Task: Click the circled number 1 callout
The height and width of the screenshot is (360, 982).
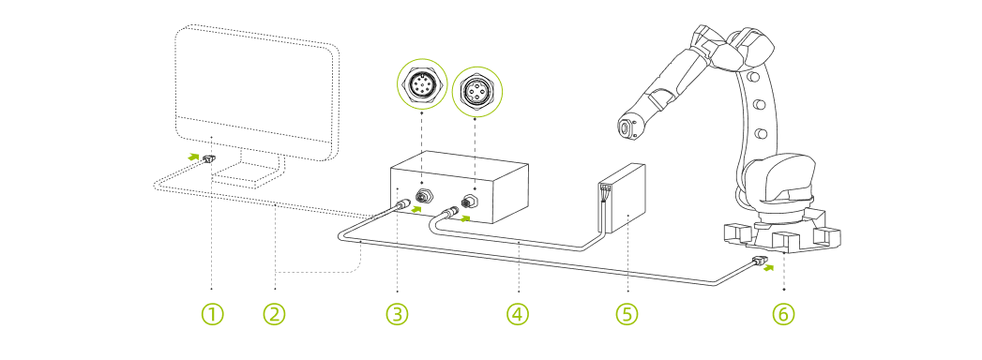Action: tap(213, 313)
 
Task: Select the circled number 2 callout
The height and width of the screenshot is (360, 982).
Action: tap(273, 313)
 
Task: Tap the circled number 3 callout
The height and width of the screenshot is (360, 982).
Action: tap(397, 313)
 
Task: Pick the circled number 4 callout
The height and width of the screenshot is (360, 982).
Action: tap(518, 313)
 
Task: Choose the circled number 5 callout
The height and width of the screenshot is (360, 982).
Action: tap(626, 313)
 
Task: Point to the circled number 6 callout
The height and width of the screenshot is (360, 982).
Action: tap(783, 313)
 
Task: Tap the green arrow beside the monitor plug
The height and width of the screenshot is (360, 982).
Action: tap(190, 155)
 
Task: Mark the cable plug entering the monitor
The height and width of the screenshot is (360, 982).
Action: tap(208, 161)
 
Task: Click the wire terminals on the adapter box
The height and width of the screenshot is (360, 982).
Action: tap(604, 195)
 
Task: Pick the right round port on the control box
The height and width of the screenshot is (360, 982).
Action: tap(471, 201)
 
